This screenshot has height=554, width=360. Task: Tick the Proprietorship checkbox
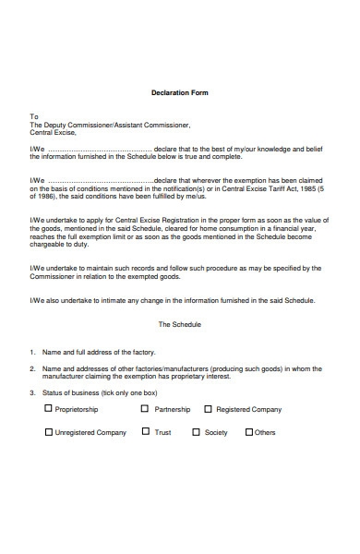[x=48, y=408]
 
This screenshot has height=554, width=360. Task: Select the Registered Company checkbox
[x=208, y=408]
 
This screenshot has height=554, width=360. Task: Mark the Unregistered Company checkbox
[x=48, y=432]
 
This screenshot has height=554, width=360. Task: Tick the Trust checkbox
[x=146, y=432]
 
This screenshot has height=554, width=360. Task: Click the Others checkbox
[x=247, y=432]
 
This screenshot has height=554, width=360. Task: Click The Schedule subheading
[x=179, y=325]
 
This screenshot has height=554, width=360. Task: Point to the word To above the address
[x=34, y=116]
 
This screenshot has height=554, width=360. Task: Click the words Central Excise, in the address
[x=54, y=133]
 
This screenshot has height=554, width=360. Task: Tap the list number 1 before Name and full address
[x=32, y=352]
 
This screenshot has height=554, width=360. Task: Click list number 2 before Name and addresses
[x=32, y=367]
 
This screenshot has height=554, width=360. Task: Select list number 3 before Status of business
[x=32, y=391]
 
